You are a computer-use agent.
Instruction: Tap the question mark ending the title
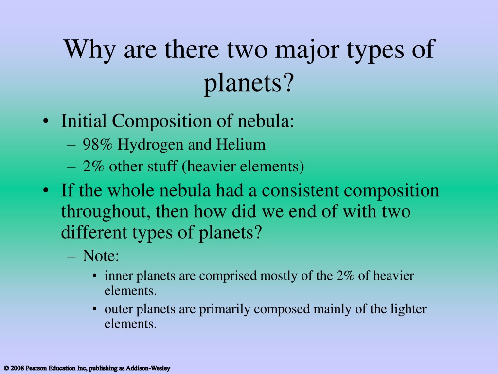click(288, 82)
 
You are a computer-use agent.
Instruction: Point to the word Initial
click(84, 121)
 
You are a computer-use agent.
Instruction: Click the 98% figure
click(97, 144)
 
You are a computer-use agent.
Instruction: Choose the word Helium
click(241, 144)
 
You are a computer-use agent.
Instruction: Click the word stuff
click(162, 166)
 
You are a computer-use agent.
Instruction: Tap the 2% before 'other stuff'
click(93, 167)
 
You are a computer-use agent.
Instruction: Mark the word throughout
click(106, 212)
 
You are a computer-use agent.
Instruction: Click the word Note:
click(101, 255)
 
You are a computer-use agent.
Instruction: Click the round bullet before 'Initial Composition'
click(46, 122)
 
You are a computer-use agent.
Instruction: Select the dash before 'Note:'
click(71, 256)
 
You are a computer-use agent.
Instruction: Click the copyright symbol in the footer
click(6, 368)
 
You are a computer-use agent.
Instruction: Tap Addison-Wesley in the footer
click(148, 368)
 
